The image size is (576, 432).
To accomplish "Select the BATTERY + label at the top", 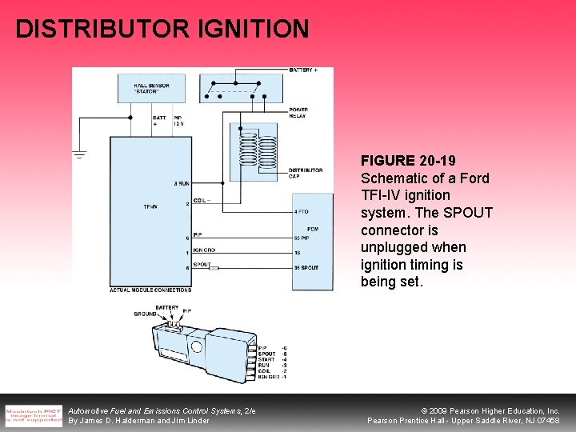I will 303,70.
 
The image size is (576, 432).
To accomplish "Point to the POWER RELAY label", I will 298,113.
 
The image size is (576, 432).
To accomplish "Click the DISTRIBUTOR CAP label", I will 305,172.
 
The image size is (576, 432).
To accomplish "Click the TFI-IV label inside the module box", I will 150,206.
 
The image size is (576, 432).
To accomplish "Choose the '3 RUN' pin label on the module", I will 181,184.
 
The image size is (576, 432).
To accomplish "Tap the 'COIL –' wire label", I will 202,201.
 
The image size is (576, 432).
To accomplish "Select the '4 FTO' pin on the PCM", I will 301,212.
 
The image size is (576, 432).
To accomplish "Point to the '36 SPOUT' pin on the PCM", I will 306,267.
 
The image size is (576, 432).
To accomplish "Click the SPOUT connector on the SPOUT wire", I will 214,267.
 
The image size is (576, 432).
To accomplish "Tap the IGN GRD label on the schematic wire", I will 203,250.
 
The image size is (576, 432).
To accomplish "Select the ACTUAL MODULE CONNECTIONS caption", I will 150,290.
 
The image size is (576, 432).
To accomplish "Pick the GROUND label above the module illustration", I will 146,314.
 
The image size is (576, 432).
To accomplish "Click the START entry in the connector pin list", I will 266,359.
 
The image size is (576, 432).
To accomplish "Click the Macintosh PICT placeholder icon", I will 33,414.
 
